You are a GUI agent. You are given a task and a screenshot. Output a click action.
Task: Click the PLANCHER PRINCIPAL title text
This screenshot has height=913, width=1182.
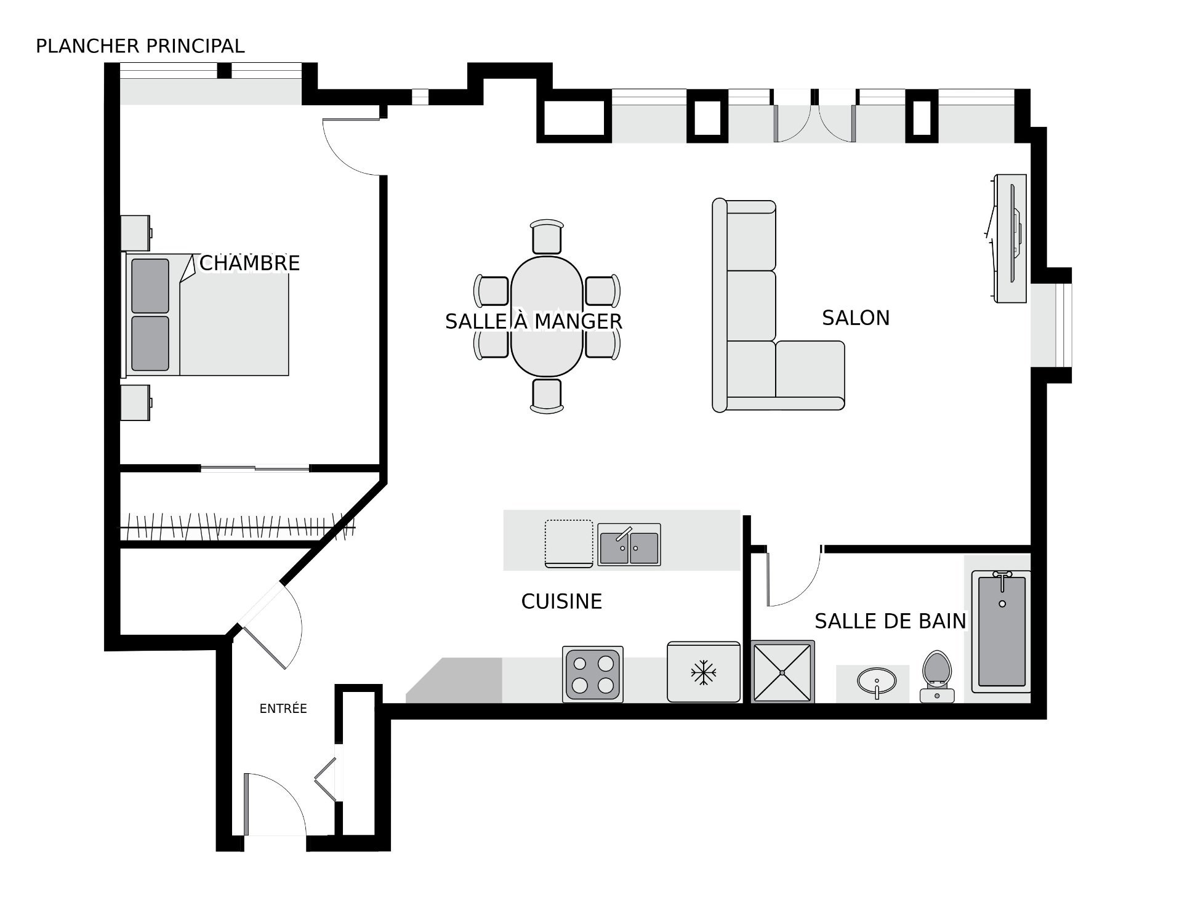(x=140, y=46)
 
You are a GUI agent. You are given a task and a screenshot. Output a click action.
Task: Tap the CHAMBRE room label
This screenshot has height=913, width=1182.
(x=249, y=263)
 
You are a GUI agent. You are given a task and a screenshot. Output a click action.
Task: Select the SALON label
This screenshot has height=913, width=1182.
(x=856, y=318)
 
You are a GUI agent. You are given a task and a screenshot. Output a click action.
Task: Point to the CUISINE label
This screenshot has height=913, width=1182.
(x=561, y=601)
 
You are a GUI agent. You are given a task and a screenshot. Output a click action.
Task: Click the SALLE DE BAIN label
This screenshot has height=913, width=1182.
(x=890, y=621)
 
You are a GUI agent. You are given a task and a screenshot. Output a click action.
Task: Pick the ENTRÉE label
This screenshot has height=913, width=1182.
(x=283, y=709)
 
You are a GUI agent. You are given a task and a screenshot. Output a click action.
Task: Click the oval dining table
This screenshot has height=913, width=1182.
(x=546, y=316)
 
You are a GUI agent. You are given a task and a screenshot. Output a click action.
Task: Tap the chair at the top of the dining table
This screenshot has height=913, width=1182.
(x=547, y=236)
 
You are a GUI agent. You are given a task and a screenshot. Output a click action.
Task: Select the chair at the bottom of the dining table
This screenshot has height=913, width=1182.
(x=547, y=396)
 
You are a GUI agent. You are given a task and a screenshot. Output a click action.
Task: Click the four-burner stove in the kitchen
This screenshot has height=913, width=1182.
(x=592, y=674)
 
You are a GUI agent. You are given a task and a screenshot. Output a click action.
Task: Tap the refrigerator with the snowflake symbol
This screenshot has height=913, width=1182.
(x=704, y=672)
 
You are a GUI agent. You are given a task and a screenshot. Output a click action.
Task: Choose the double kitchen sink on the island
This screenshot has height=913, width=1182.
(x=629, y=544)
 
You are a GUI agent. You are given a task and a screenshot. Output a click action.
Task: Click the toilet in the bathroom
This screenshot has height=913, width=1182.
(x=936, y=677)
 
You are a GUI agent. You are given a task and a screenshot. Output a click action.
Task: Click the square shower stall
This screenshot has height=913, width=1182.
(x=782, y=672)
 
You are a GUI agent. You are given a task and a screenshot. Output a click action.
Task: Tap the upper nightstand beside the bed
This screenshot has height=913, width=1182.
(x=135, y=233)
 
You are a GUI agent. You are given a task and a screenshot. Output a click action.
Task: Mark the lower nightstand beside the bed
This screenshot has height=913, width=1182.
(x=135, y=403)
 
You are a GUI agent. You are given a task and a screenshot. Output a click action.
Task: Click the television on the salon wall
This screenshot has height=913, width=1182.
(x=1008, y=238)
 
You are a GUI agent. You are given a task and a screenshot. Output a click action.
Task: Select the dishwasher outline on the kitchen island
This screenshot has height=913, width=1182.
(x=569, y=543)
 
